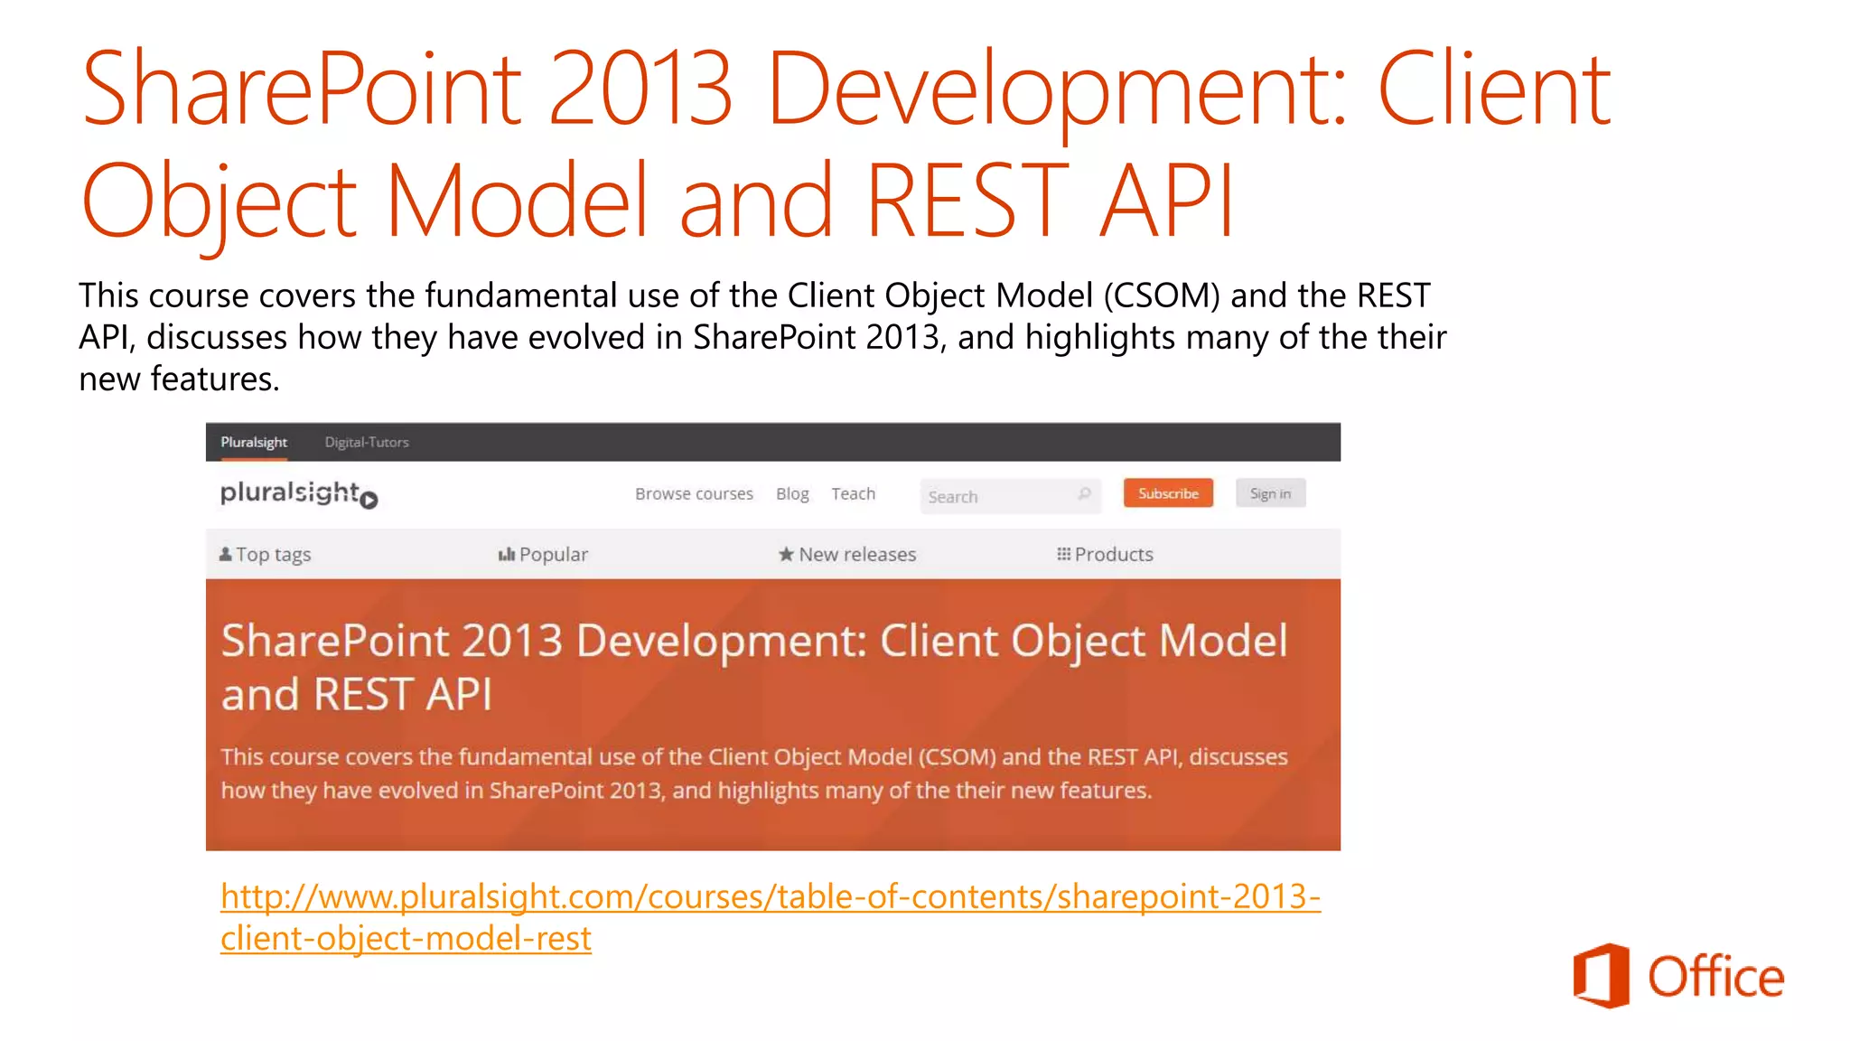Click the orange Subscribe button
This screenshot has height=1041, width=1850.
click(x=1167, y=493)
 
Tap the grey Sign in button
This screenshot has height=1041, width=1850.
click(x=1269, y=493)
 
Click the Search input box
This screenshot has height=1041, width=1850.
click(x=994, y=496)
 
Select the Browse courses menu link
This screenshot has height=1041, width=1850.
click(x=693, y=493)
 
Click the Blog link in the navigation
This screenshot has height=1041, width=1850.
click(x=791, y=493)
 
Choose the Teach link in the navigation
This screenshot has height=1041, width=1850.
click(x=853, y=493)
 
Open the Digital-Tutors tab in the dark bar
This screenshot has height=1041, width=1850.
click(x=366, y=442)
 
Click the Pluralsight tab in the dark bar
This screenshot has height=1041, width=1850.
click(x=253, y=442)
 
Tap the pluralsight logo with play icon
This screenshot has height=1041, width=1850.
click(x=298, y=494)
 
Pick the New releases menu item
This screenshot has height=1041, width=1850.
click(x=856, y=554)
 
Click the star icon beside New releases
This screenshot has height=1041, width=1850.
click(x=786, y=554)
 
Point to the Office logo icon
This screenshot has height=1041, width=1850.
click(x=1601, y=976)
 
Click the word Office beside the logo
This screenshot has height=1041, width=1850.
click(x=1715, y=977)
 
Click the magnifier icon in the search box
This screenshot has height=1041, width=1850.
click(x=1084, y=493)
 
